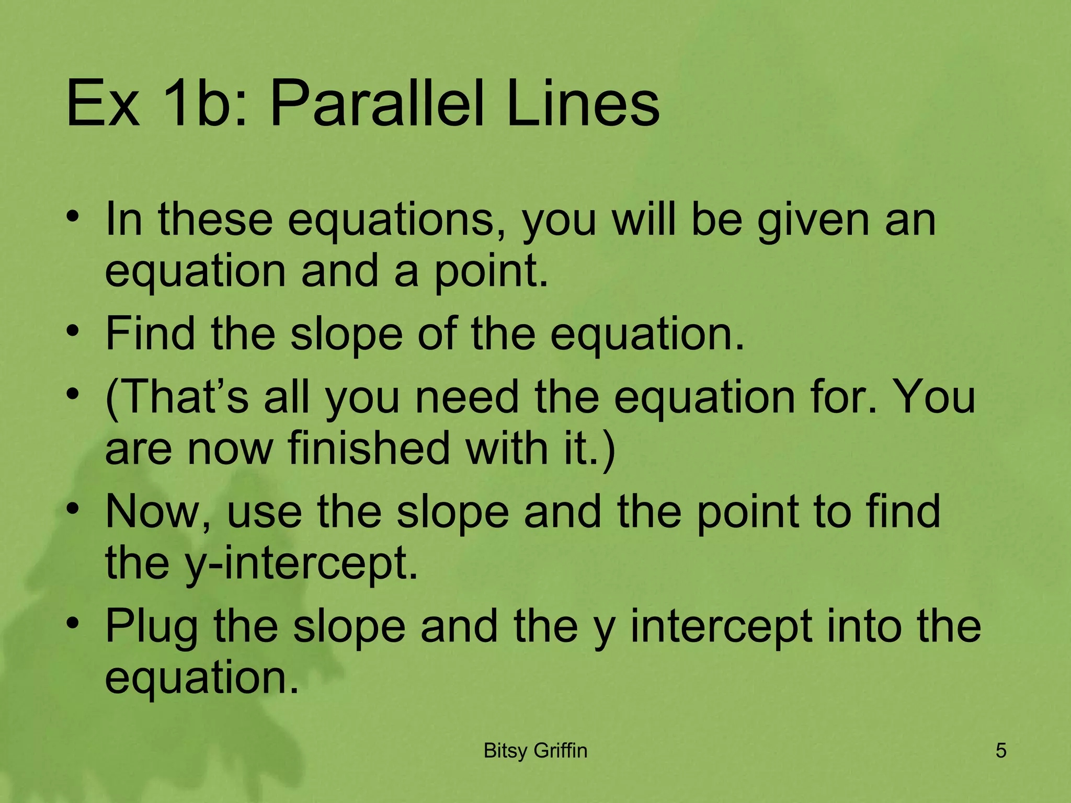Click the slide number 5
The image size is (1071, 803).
coord(1000,751)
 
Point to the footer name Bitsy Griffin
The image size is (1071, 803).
coord(535,751)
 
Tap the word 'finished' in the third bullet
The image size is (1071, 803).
coord(369,449)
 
